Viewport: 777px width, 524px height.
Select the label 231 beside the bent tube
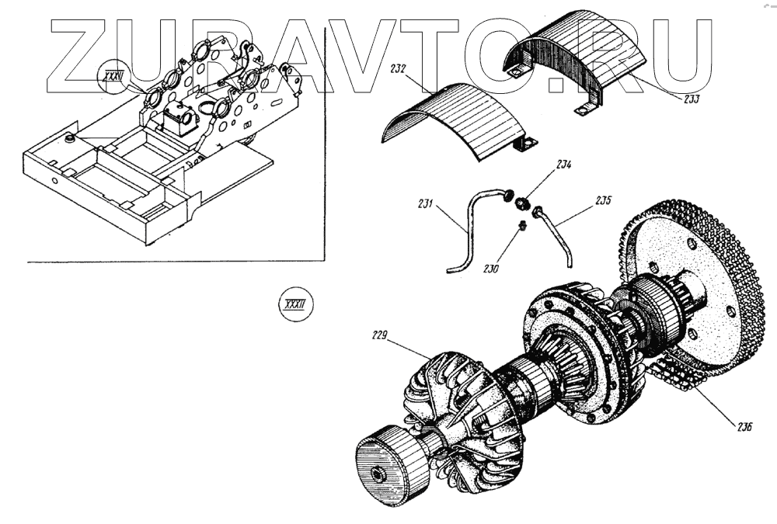(x=425, y=205)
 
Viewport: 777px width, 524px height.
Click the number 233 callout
(x=690, y=99)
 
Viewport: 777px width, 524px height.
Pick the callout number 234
(x=563, y=165)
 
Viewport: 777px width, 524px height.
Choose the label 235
(x=603, y=200)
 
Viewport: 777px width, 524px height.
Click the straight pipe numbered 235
(x=557, y=234)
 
